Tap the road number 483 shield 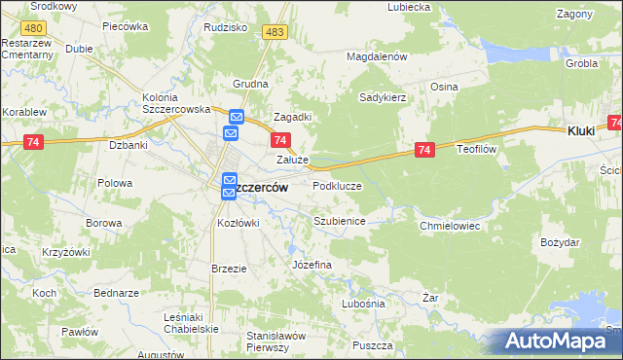click(275, 33)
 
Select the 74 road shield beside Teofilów click(423, 150)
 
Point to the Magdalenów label click(376, 56)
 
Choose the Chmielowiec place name click(450, 225)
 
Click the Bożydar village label click(559, 240)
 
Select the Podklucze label click(338, 185)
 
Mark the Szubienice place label click(339, 221)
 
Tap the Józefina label click(312, 265)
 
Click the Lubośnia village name click(363, 304)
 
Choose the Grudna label click(250, 84)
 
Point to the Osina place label click(445, 86)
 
